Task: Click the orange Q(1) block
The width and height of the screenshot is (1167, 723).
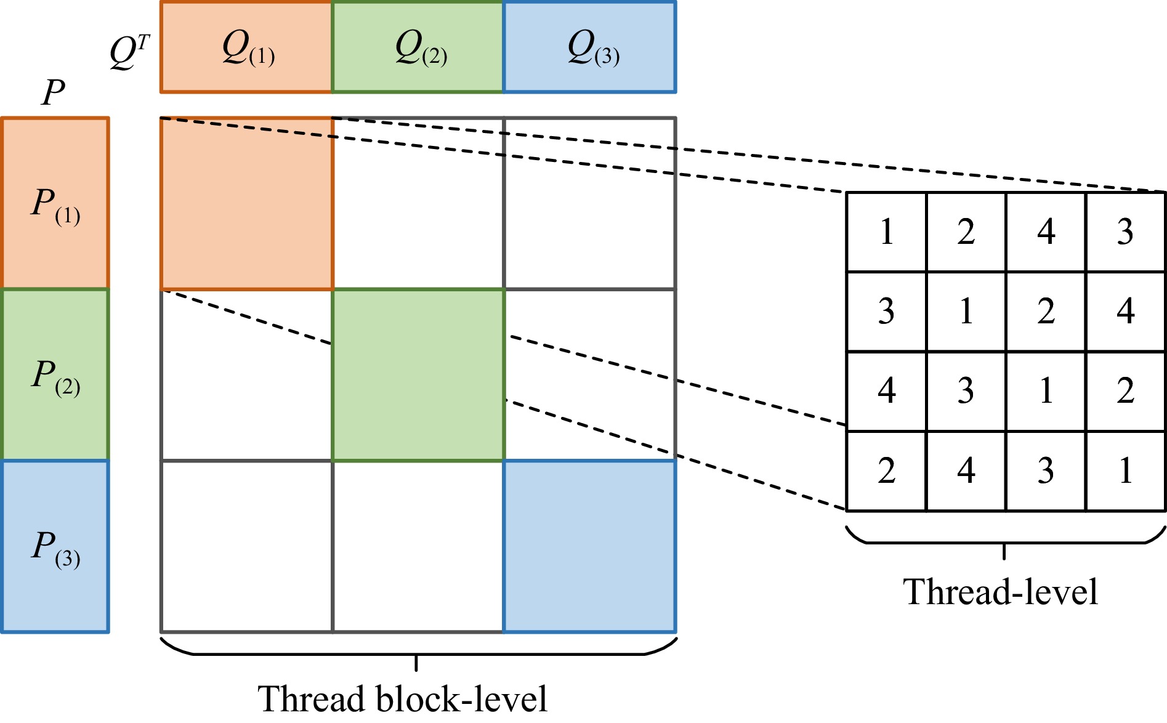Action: click(x=246, y=47)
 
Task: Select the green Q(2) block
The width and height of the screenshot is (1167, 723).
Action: click(x=418, y=47)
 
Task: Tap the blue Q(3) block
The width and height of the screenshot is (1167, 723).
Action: click(x=590, y=47)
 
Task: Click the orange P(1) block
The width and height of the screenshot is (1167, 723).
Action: click(x=55, y=203)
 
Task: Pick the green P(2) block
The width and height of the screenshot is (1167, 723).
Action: click(x=55, y=374)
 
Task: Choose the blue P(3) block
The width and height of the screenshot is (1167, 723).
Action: click(x=55, y=546)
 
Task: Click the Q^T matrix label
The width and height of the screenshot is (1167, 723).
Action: click(x=129, y=52)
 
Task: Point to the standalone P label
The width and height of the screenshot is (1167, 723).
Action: click(x=54, y=92)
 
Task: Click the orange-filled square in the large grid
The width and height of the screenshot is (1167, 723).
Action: click(x=247, y=204)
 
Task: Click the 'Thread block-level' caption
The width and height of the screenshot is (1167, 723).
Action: click(x=402, y=699)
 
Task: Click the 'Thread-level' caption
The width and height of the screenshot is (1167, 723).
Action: click(x=1000, y=592)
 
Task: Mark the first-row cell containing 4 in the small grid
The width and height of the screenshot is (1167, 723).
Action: click(x=1046, y=232)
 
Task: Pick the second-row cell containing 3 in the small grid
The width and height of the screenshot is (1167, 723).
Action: click(x=886, y=312)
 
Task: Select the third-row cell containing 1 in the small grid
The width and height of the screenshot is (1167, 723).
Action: click(x=1046, y=391)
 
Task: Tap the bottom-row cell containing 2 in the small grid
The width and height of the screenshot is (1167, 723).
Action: click(x=886, y=471)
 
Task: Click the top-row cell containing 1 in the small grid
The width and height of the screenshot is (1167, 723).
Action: click(x=886, y=232)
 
